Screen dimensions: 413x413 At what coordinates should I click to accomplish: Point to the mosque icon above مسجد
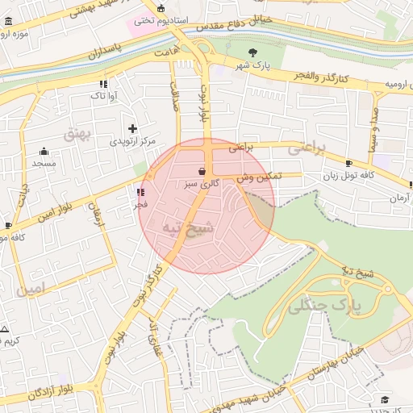pos(44,151)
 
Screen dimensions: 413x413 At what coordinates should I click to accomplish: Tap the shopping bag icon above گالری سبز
pos(201,171)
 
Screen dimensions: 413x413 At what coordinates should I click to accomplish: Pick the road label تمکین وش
pos(259,177)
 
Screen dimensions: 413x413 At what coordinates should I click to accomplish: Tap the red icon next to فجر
pos(141,193)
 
